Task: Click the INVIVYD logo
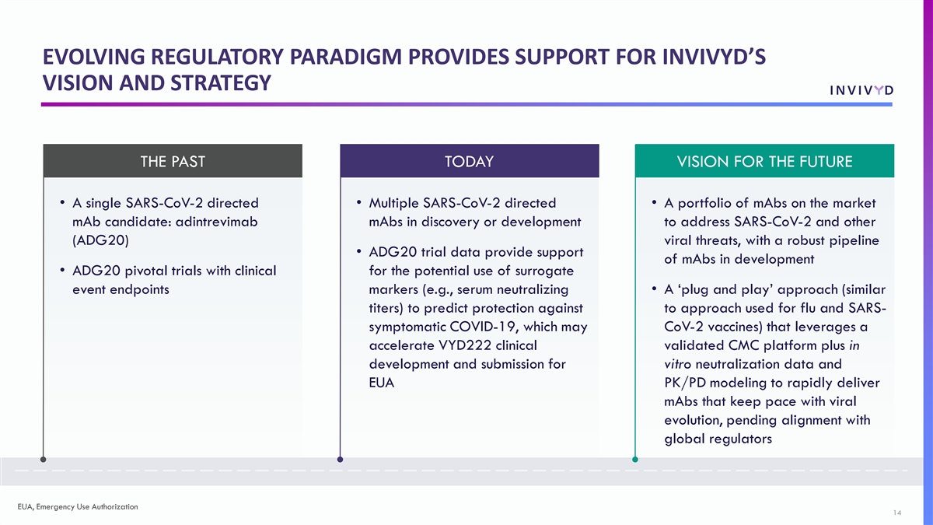[x=861, y=90]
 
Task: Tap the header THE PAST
[x=173, y=161]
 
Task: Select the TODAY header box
[x=470, y=161]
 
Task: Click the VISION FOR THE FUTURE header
[x=764, y=161]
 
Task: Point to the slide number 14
[x=897, y=513]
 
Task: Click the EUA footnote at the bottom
[x=78, y=506]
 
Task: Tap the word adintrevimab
[x=217, y=222]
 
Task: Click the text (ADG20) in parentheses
[x=101, y=240]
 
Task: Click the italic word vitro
[x=678, y=364]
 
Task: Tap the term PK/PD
[x=685, y=383]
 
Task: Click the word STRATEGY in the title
[x=221, y=82]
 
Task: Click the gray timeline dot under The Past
[x=44, y=460]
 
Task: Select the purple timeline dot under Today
[x=341, y=460]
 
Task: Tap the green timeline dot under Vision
[x=635, y=460]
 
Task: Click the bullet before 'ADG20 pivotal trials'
[x=62, y=271]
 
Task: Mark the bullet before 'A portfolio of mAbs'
[x=655, y=203]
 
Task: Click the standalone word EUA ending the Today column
[x=382, y=383]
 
